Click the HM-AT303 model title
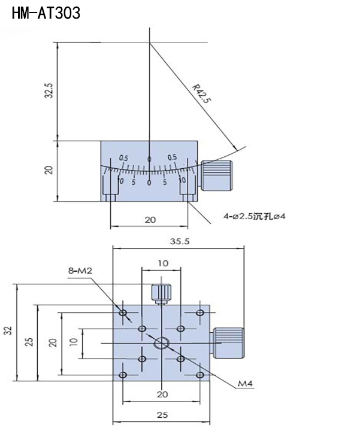click(46, 13)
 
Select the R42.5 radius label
click(202, 93)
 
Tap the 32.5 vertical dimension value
click(49, 90)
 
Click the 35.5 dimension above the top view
click(180, 241)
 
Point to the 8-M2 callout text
click(80, 271)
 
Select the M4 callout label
click(245, 384)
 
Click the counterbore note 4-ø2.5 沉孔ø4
click(255, 217)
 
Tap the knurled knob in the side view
click(217, 175)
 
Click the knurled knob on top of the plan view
click(161, 294)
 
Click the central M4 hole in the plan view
click(161, 343)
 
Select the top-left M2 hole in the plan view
click(123, 312)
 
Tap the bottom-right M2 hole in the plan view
click(200, 375)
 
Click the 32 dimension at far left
click(10, 331)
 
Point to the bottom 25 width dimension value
click(162, 415)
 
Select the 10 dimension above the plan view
click(163, 263)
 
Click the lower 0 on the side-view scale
click(149, 183)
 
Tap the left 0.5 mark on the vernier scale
click(123, 158)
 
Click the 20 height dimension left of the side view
click(49, 171)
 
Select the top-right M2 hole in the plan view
click(200, 312)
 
